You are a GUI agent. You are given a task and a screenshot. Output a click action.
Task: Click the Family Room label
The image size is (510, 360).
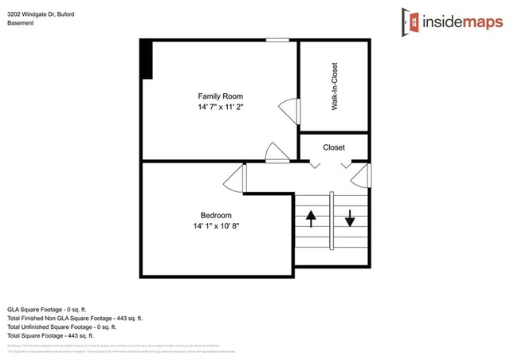pos(220,96)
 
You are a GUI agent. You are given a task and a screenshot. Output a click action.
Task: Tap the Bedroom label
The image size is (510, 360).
pos(215,215)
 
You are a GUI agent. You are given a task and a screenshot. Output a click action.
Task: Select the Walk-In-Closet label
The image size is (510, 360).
pos(335,86)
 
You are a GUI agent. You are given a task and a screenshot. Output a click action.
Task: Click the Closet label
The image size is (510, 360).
pos(334,147)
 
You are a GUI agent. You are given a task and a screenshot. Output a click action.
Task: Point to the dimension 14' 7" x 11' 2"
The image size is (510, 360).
pos(220,107)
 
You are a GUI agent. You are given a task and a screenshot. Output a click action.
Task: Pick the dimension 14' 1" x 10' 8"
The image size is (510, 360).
pos(215,226)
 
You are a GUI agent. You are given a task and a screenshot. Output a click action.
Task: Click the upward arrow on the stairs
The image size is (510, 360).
pos(311,217)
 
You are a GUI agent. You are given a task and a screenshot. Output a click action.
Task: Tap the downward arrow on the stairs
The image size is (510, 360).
pos(349,217)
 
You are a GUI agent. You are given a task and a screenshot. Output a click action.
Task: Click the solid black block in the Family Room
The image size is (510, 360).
pos(146,59)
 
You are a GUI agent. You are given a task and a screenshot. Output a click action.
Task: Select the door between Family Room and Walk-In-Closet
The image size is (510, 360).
pos(288,110)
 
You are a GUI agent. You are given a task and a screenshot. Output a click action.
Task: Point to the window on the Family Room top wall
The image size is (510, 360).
pos(277,40)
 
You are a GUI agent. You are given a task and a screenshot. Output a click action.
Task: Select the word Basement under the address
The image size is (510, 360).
pos(21,24)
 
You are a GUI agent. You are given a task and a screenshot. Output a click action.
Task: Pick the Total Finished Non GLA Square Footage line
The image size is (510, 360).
pos(74,318)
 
